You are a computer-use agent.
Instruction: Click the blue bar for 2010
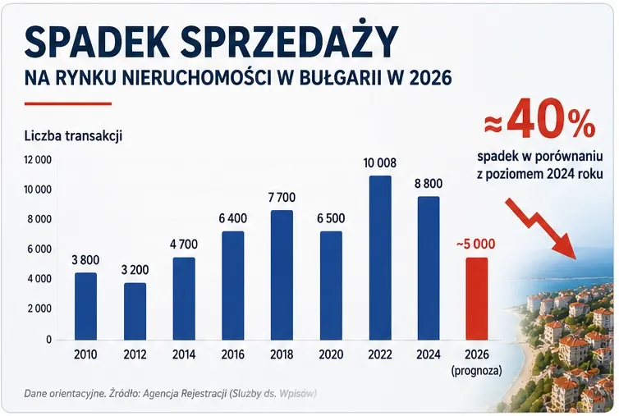coord(85,306)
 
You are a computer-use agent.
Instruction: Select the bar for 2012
coord(135,311)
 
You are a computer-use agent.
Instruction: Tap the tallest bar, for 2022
coord(380,258)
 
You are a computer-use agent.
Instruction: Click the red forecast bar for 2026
coord(477,299)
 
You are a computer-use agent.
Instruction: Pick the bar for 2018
coord(282,275)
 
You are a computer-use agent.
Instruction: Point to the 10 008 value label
coord(380,162)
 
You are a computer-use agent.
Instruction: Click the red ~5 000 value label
coord(475,244)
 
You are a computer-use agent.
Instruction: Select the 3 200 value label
coord(135,270)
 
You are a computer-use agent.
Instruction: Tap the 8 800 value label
coord(429,184)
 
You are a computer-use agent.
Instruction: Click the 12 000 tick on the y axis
coord(38,160)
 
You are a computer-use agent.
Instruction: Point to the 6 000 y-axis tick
coord(39,249)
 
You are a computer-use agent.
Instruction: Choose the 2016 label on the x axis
coord(233,354)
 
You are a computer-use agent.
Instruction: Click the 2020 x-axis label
coord(331,354)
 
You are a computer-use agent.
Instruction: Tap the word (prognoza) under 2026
coord(477,371)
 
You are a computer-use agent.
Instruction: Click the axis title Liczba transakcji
coord(73,135)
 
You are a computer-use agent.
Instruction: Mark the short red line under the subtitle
coord(68,104)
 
